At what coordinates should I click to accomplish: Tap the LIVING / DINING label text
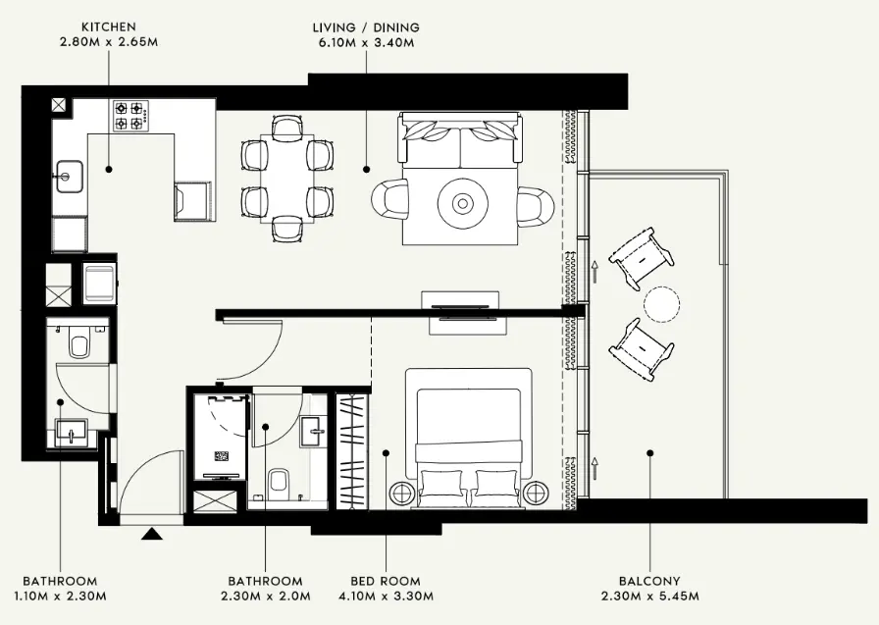click(366, 26)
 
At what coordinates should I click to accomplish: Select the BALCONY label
click(649, 581)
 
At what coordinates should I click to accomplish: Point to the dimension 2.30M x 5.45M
click(649, 596)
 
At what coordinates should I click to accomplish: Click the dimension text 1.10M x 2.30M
click(60, 596)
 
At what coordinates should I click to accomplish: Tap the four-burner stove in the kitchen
click(129, 116)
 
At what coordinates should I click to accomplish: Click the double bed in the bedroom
click(468, 442)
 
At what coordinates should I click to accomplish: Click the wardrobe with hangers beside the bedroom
click(350, 451)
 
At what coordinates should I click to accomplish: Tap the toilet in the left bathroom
click(79, 345)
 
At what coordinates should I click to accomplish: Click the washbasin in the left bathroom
click(72, 431)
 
